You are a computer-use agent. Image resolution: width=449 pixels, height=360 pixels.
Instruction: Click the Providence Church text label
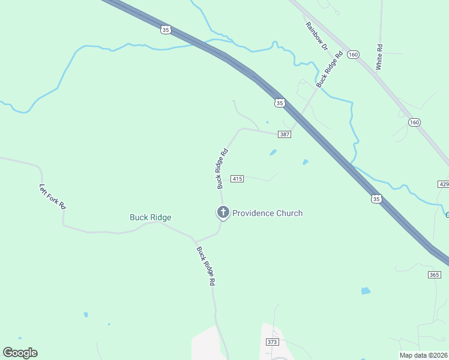pyautogui.click(x=267, y=213)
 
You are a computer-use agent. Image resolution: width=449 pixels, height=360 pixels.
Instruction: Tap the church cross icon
pyautogui.click(x=223, y=212)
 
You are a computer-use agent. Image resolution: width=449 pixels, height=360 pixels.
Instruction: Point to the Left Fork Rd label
pyautogui.click(x=53, y=196)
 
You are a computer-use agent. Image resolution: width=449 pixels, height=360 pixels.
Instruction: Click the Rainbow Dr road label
pyautogui.click(x=317, y=36)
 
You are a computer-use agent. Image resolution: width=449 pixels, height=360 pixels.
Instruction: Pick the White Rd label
pyautogui.click(x=379, y=57)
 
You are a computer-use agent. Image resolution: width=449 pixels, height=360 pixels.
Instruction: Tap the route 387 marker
pyautogui.click(x=285, y=134)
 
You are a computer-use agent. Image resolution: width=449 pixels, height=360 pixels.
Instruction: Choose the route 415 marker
pyautogui.click(x=237, y=179)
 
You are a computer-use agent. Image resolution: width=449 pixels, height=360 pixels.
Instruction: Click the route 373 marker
pyautogui.click(x=272, y=341)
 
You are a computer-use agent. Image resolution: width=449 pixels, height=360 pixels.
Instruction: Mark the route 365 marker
pyautogui.click(x=435, y=274)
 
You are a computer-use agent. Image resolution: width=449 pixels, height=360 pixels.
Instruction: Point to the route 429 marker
pyautogui.click(x=444, y=184)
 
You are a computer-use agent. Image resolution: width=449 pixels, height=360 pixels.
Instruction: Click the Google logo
pyautogui.click(x=20, y=353)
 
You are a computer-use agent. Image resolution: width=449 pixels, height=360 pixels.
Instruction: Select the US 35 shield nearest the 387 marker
pyautogui.click(x=279, y=103)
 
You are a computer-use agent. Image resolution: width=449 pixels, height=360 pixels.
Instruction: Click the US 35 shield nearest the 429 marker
pyautogui.click(x=376, y=199)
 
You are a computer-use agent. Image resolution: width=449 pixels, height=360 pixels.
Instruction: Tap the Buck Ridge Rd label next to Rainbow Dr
pyautogui.click(x=330, y=70)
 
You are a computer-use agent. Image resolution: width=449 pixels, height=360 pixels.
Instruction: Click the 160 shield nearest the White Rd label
pyautogui.click(x=354, y=55)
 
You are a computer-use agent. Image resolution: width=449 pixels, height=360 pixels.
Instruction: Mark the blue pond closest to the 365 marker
pyautogui.click(x=366, y=291)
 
